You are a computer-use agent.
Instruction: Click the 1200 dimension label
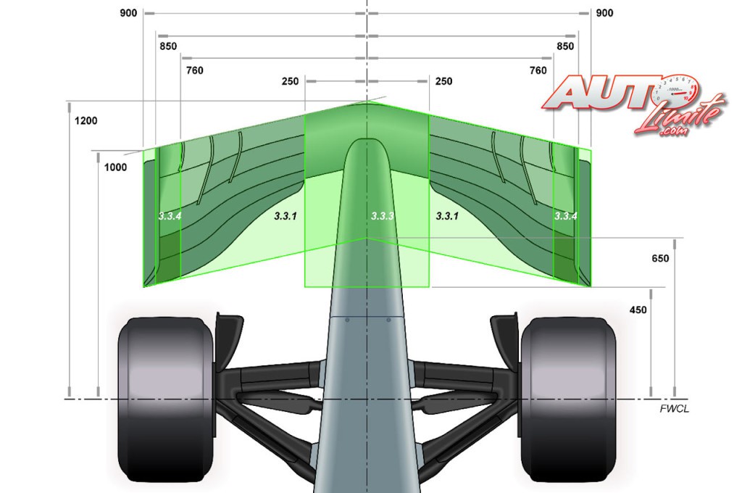(x=86, y=121)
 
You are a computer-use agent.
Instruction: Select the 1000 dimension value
(x=115, y=167)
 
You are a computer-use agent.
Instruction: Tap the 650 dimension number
(x=660, y=259)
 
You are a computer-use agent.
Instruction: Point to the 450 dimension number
(x=638, y=310)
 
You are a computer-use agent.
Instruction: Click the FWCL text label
(x=675, y=409)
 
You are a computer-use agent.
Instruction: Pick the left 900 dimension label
(x=128, y=13)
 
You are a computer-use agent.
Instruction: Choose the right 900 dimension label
(x=604, y=13)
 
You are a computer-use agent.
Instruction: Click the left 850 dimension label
(x=168, y=46)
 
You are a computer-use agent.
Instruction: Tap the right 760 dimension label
(x=538, y=70)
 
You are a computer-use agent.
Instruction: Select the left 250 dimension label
(x=290, y=81)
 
